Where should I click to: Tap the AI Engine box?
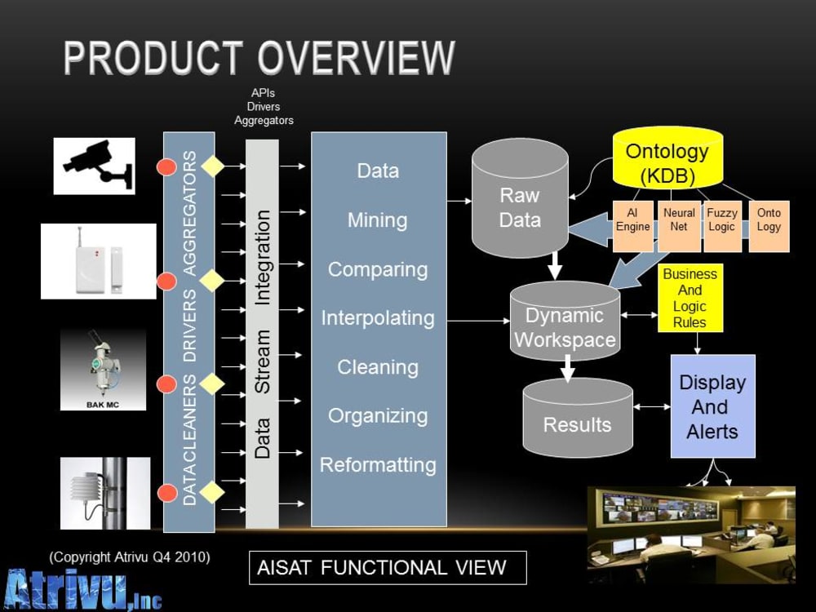click(x=633, y=226)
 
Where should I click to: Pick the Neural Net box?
click(x=679, y=226)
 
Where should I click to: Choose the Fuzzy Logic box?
click(x=722, y=226)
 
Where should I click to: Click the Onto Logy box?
click(x=769, y=226)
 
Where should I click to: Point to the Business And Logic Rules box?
click(x=690, y=298)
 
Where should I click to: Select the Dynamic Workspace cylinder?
click(x=565, y=322)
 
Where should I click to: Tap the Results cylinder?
click(x=578, y=418)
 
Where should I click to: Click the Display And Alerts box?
click(x=712, y=406)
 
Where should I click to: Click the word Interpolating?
click(x=378, y=318)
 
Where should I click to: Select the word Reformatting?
click(x=378, y=465)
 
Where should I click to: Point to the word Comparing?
click(x=378, y=269)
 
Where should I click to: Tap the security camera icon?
click(x=94, y=166)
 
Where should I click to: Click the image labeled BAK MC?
click(x=103, y=370)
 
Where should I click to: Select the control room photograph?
click(x=691, y=535)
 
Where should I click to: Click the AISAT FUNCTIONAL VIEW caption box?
click(x=388, y=568)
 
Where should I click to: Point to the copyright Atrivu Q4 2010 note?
click(x=130, y=557)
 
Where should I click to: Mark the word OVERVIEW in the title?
click(x=357, y=58)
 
